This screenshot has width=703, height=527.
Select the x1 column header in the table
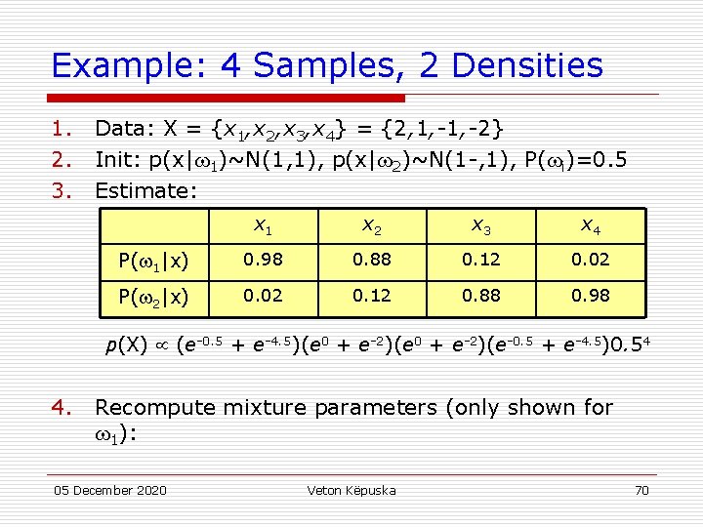coord(264,226)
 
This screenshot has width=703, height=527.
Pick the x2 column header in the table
coord(372,226)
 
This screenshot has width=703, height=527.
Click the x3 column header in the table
coord(481,226)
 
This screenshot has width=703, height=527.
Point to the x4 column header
coord(590,226)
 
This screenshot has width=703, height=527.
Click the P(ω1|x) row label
coord(154,262)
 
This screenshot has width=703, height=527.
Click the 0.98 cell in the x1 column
coord(264,262)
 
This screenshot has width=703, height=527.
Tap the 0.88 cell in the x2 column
coord(372,262)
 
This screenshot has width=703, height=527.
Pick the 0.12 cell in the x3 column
coord(481,262)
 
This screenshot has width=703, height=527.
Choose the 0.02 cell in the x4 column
coord(590,262)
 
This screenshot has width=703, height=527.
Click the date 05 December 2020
coord(109,490)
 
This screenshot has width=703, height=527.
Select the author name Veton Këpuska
coord(351,490)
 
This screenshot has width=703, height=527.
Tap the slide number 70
coord(641,490)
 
